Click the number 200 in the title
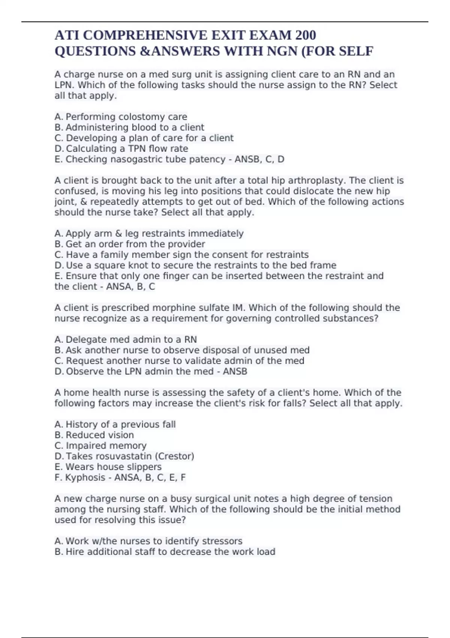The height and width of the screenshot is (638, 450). click(306, 35)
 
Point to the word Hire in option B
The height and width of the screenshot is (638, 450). click(75, 552)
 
